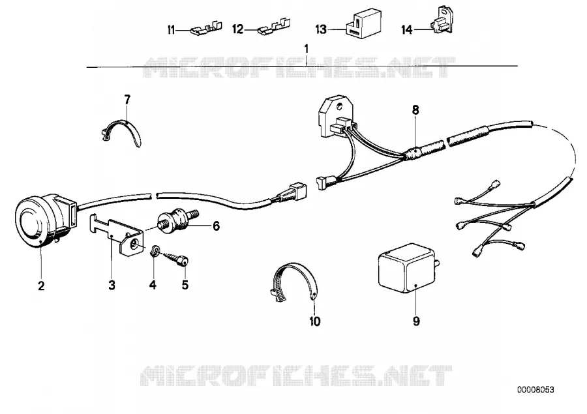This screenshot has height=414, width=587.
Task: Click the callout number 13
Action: (321, 29)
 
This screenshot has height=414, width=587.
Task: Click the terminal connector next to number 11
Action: (206, 28)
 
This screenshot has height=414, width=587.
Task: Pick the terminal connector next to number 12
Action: (274, 27)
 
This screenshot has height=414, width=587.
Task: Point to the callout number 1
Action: (307, 49)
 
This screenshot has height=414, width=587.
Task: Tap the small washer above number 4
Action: (155, 250)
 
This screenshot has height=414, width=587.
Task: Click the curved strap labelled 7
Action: (122, 131)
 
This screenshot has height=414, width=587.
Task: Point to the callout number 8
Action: (415, 110)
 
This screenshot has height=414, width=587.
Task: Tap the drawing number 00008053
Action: (535, 390)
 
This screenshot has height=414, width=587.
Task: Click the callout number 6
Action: (216, 226)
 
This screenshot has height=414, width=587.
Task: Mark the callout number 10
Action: (315, 321)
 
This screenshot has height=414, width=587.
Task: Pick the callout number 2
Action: (41, 286)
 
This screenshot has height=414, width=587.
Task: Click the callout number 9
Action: (416, 321)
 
